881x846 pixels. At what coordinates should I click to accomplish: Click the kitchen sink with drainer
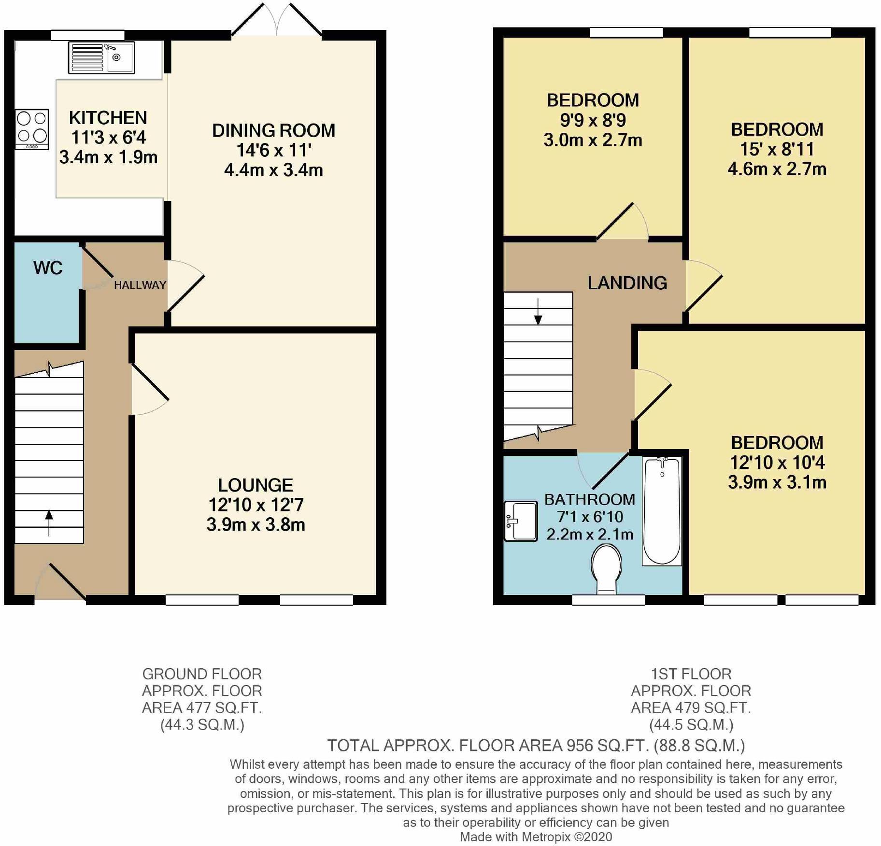[101, 57]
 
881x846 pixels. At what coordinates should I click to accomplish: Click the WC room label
[48, 268]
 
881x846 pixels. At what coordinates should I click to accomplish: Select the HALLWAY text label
[140, 285]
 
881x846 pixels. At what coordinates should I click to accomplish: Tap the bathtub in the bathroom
[662, 511]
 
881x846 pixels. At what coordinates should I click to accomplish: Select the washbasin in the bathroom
[521, 521]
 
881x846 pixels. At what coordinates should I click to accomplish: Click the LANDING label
[627, 283]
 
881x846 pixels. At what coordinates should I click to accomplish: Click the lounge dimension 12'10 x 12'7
[256, 505]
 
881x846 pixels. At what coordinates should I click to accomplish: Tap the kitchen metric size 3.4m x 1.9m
[108, 157]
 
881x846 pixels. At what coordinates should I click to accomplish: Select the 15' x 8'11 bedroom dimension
[777, 150]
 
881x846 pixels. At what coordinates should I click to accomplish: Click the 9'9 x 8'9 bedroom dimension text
[593, 120]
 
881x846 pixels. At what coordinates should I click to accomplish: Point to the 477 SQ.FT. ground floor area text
[202, 708]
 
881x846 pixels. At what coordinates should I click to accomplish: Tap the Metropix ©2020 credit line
[536, 837]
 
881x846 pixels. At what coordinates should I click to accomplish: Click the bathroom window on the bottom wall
[608, 600]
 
